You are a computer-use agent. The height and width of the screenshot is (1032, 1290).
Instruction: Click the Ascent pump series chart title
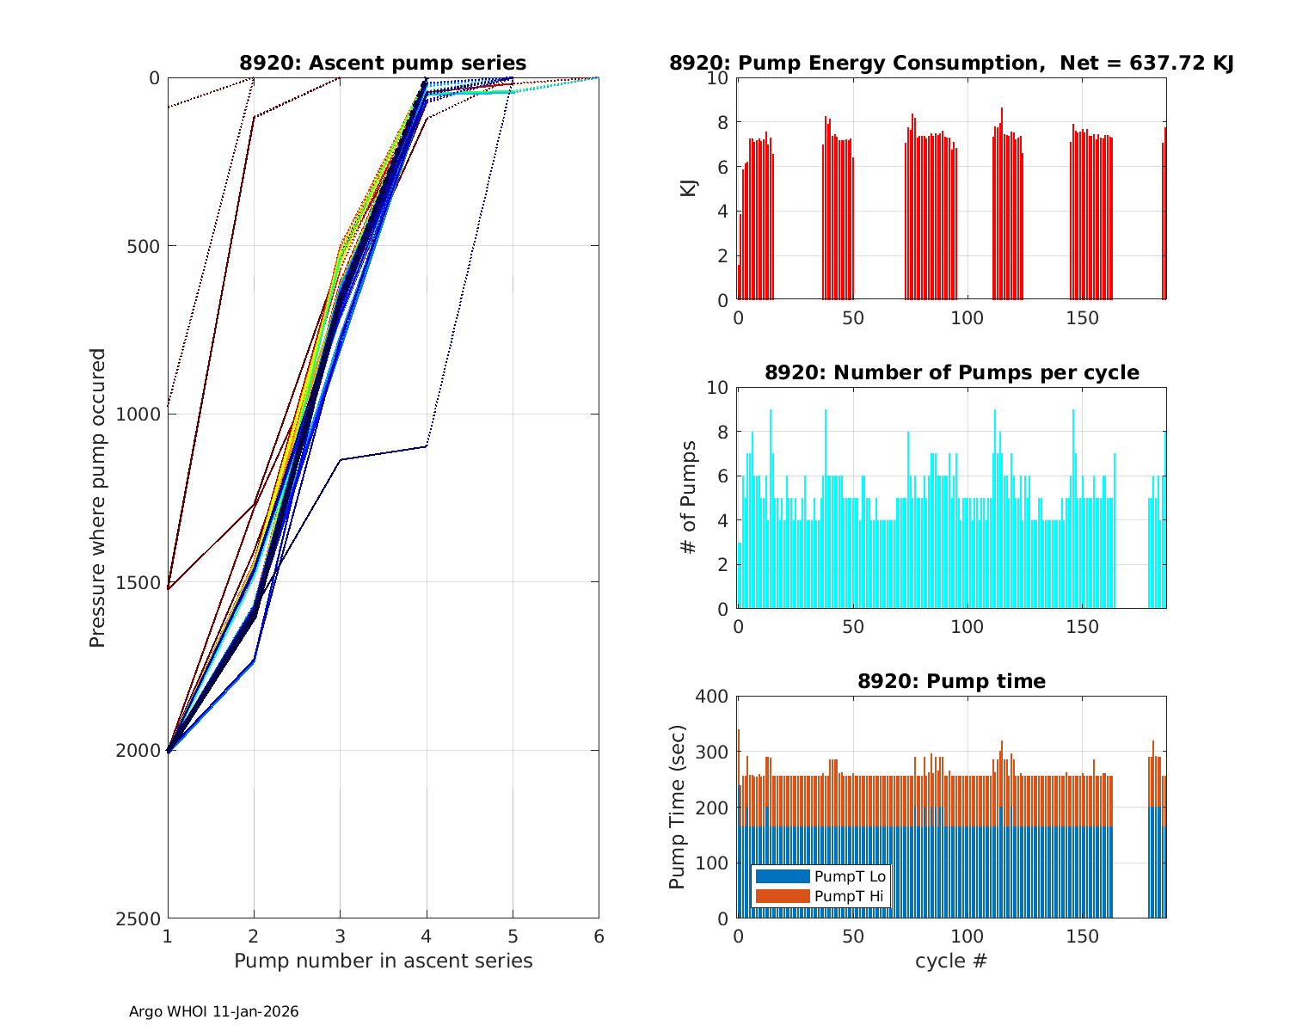point(383,63)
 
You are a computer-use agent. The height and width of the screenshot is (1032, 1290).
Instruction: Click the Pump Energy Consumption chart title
point(951,63)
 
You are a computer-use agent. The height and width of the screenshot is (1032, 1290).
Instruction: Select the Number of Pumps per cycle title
point(951,372)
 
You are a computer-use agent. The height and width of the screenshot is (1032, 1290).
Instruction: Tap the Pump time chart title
point(951,681)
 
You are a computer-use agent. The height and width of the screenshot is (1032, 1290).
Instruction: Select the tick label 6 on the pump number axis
point(599,936)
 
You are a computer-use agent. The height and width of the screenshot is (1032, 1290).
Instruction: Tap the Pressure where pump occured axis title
point(97,498)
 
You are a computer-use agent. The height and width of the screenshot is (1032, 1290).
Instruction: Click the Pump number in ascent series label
point(383,961)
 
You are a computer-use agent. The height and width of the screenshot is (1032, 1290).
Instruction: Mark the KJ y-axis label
point(689,188)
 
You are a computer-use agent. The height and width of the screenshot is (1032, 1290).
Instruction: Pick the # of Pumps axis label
point(689,497)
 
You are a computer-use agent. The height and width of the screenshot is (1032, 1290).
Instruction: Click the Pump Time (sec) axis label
point(677,807)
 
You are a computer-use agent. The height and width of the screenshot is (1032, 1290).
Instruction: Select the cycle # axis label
point(951,961)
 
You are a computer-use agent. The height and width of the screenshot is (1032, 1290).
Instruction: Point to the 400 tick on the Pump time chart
point(714,696)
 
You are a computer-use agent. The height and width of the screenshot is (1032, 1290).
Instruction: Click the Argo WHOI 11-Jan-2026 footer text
point(213,1011)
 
